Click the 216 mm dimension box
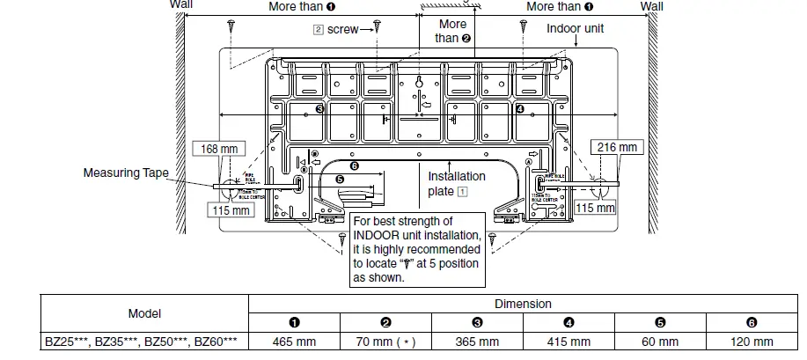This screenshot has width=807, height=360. tap(616, 148)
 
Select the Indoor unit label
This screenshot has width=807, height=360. tap(576, 28)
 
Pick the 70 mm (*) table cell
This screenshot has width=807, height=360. tap(386, 342)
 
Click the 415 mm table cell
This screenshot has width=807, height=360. tap(569, 342)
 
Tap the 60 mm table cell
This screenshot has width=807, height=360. tap(661, 342)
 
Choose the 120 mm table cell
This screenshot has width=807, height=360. tap(752, 342)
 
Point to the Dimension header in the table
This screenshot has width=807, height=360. tap(523, 304)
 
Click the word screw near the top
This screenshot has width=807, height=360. tap(342, 29)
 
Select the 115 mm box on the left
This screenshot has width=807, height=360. tap(227, 210)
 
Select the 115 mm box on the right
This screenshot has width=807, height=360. tap(595, 208)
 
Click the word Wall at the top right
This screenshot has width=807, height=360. tap(652, 6)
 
